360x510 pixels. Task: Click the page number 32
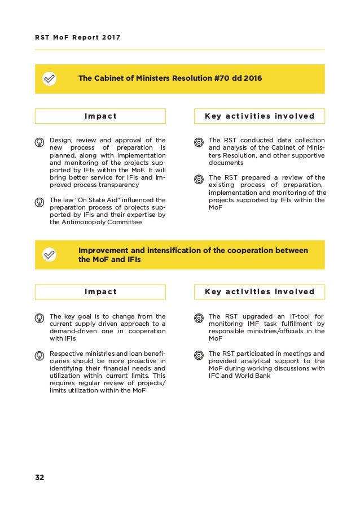point(39,477)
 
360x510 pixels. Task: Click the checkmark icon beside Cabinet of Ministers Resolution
point(50,79)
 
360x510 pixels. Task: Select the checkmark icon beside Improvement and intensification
point(50,255)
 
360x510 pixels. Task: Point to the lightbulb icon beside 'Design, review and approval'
point(40,141)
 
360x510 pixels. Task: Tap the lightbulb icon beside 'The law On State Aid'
point(40,200)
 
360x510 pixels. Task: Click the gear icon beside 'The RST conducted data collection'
point(199,141)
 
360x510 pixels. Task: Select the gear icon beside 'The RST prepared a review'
point(199,180)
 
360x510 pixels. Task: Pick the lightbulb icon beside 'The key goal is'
point(40,317)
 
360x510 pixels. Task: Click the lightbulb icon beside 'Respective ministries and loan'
point(40,355)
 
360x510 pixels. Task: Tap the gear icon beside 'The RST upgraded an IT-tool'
point(199,317)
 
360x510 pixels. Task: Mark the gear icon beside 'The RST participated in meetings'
point(199,355)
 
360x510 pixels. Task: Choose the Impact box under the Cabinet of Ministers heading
point(100,116)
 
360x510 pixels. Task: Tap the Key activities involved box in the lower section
point(260,292)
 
